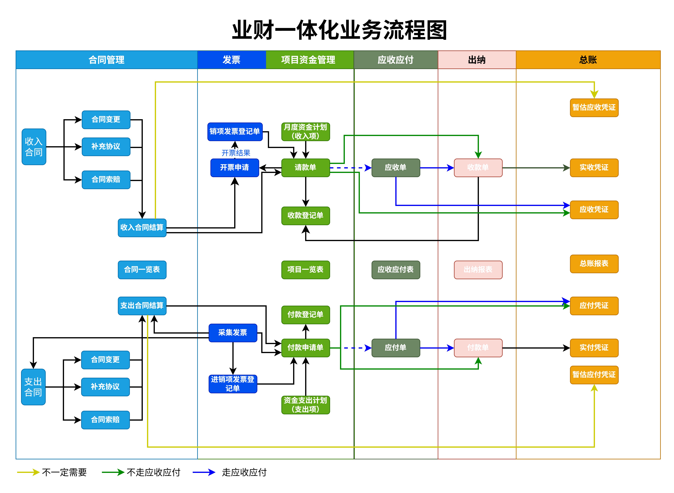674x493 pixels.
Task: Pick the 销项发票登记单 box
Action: click(x=235, y=132)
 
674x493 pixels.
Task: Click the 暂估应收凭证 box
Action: click(x=594, y=107)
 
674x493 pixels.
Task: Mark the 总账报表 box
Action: click(x=594, y=263)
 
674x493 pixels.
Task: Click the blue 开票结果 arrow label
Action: click(x=236, y=153)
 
